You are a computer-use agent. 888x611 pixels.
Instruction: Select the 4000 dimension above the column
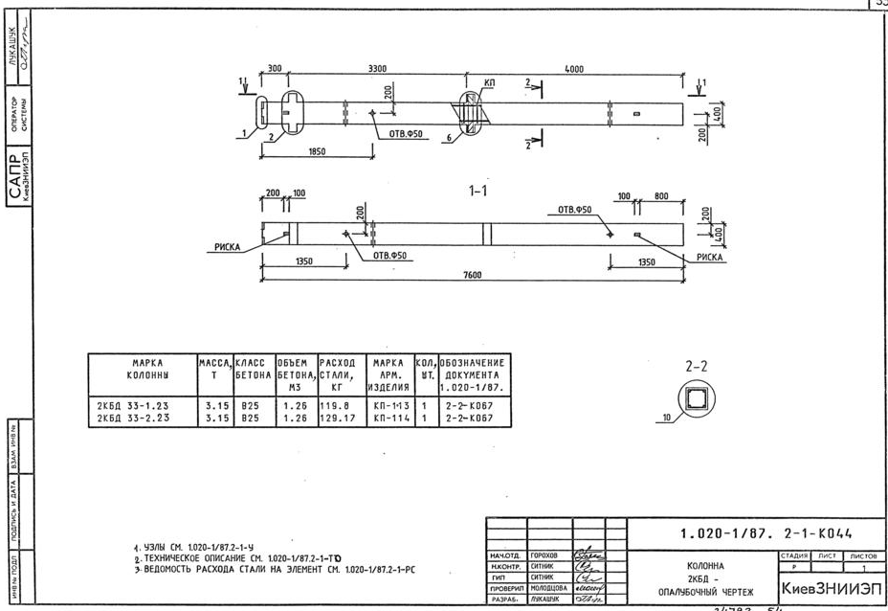click(x=574, y=69)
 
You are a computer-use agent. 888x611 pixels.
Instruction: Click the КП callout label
click(x=490, y=84)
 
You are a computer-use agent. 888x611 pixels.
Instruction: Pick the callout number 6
click(x=448, y=139)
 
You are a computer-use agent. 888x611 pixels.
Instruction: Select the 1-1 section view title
click(x=478, y=192)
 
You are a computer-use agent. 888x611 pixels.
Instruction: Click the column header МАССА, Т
click(x=214, y=370)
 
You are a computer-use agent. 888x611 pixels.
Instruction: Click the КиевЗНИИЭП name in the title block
click(x=831, y=586)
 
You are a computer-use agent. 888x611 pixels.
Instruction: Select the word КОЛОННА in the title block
click(x=709, y=565)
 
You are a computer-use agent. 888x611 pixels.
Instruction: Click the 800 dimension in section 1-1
click(x=661, y=195)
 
